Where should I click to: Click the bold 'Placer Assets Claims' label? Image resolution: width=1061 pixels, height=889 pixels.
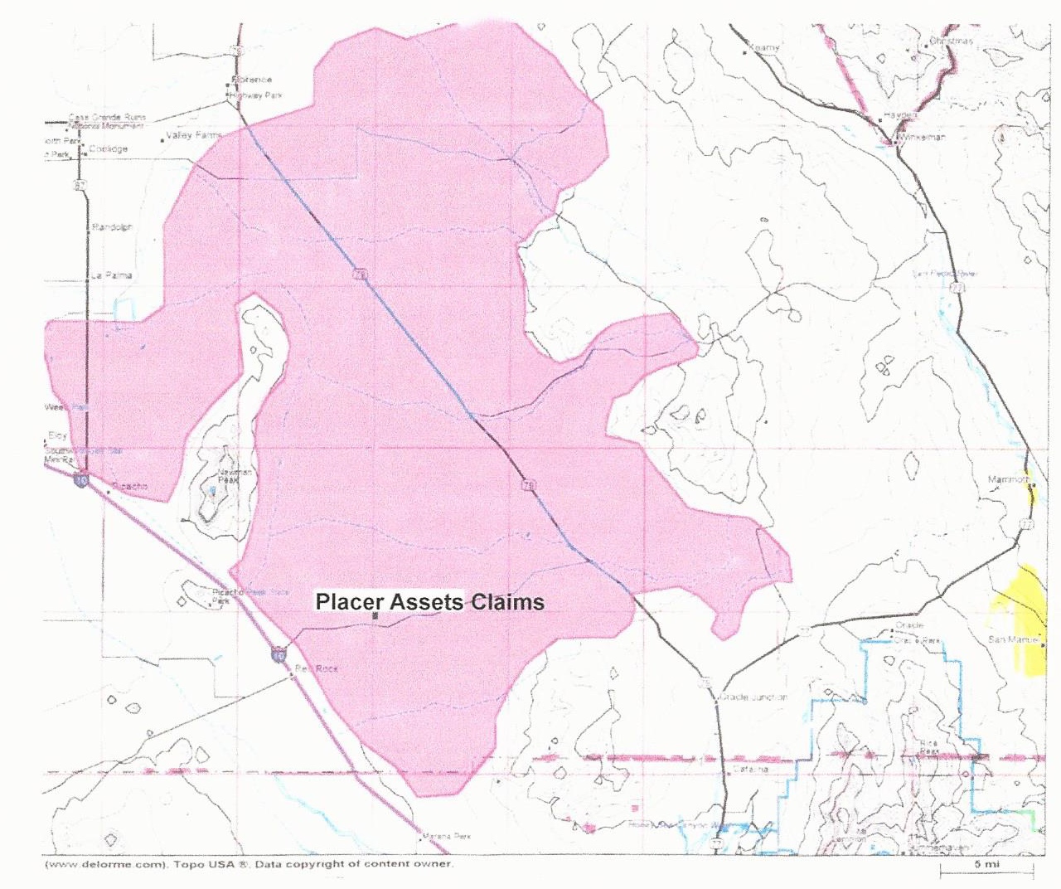429,602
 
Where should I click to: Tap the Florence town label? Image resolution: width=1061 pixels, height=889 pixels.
254,80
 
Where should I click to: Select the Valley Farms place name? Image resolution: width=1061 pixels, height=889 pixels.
194,135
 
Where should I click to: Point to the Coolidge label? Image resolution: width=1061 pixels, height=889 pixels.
109,149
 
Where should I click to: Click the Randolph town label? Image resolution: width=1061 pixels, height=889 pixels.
112,227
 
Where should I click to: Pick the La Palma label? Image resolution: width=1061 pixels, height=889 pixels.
111,275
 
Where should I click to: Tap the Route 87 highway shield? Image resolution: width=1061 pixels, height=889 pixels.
80,186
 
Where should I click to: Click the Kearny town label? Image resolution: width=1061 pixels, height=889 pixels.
764,48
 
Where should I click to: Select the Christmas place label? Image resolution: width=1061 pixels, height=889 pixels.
951,41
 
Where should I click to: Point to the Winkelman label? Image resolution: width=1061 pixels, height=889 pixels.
922,137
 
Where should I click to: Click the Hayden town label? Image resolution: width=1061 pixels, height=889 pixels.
900,115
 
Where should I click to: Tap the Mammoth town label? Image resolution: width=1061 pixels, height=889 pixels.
1008,480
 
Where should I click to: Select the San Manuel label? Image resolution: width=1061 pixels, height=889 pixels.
1013,639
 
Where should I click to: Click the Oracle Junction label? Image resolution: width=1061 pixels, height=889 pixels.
754,697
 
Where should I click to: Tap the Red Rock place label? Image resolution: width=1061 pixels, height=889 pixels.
316,668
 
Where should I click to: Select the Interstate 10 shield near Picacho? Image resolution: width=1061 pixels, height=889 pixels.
80,480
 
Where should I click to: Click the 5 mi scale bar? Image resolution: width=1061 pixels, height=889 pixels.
986,867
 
